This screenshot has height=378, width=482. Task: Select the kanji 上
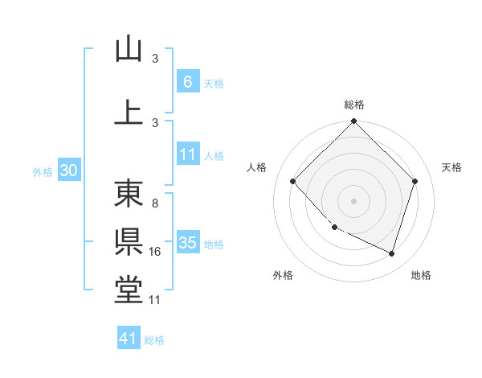(x=129, y=112)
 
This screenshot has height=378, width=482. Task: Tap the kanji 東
(x=129, y=194)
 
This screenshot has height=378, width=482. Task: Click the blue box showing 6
(x=187, y=81)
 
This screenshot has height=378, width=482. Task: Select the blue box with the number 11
(x=187, y=154)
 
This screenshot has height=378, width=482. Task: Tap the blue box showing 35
(x=187, y=243)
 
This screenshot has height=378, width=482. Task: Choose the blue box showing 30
(x=68, y=171)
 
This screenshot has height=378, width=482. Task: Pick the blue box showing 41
(x=129, y=339)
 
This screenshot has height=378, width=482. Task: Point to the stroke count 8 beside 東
(x=154, y=203)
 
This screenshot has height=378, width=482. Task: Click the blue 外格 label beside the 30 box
(x=43, y=171)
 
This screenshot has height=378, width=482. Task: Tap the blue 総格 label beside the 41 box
(x=154, y=340)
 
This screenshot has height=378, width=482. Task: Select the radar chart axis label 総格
(x=354, y=105)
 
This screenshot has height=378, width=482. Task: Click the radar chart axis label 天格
(x=452, y=167)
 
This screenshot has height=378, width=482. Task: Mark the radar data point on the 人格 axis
(x=293, y=181)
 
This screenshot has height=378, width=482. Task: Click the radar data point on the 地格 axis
(x=391, y=253)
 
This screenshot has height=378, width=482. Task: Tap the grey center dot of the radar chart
(x=354, y=201)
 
